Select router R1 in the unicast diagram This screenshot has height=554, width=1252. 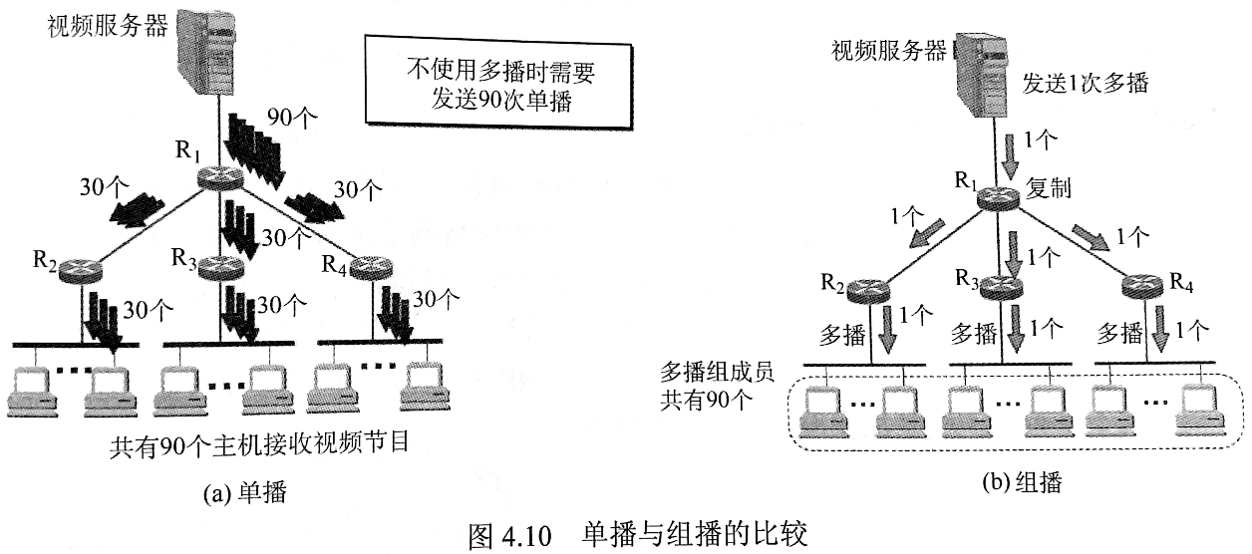(x=219, y=177)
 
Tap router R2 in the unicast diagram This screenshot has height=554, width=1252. (x=78, y=269)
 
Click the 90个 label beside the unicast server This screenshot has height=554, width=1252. (x=293, y=118)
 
